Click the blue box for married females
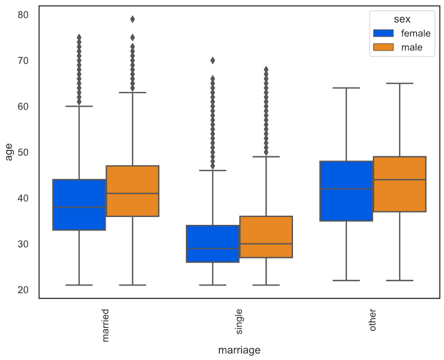[79, 205]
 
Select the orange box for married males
[132, 191]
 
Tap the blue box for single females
[213, 243]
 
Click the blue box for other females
[346, 191]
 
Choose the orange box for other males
[400, 184]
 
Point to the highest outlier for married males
[132, 19]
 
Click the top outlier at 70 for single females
[213, 61]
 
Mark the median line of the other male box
[400, 179]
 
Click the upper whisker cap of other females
[346, 88]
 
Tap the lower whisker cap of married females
[79, 285]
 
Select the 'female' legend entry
[415, 34]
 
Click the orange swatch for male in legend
[382, 48]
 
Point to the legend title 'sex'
[402, 19]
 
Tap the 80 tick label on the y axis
[23, 15]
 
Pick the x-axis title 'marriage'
[239, 350]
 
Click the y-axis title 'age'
[9, 152]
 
